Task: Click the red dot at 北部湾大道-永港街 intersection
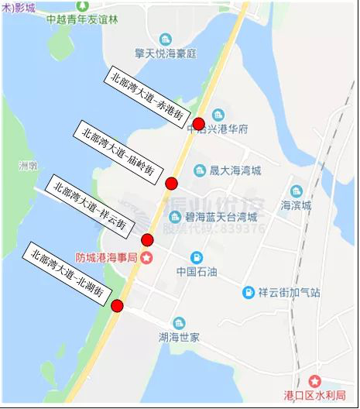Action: click(199, 123)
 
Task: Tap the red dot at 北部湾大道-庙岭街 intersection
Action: click(172, 183)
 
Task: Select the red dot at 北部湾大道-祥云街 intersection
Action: click(148, 239)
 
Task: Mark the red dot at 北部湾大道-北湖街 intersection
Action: click(118, 305)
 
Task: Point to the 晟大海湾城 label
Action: click(235, 169)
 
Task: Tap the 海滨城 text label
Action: click(297, 206)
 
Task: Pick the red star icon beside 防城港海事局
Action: click(145, 257)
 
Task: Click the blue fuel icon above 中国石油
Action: click(197, 256)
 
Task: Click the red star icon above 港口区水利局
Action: click(314, 381)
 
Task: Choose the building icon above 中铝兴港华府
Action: click(218, 114)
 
